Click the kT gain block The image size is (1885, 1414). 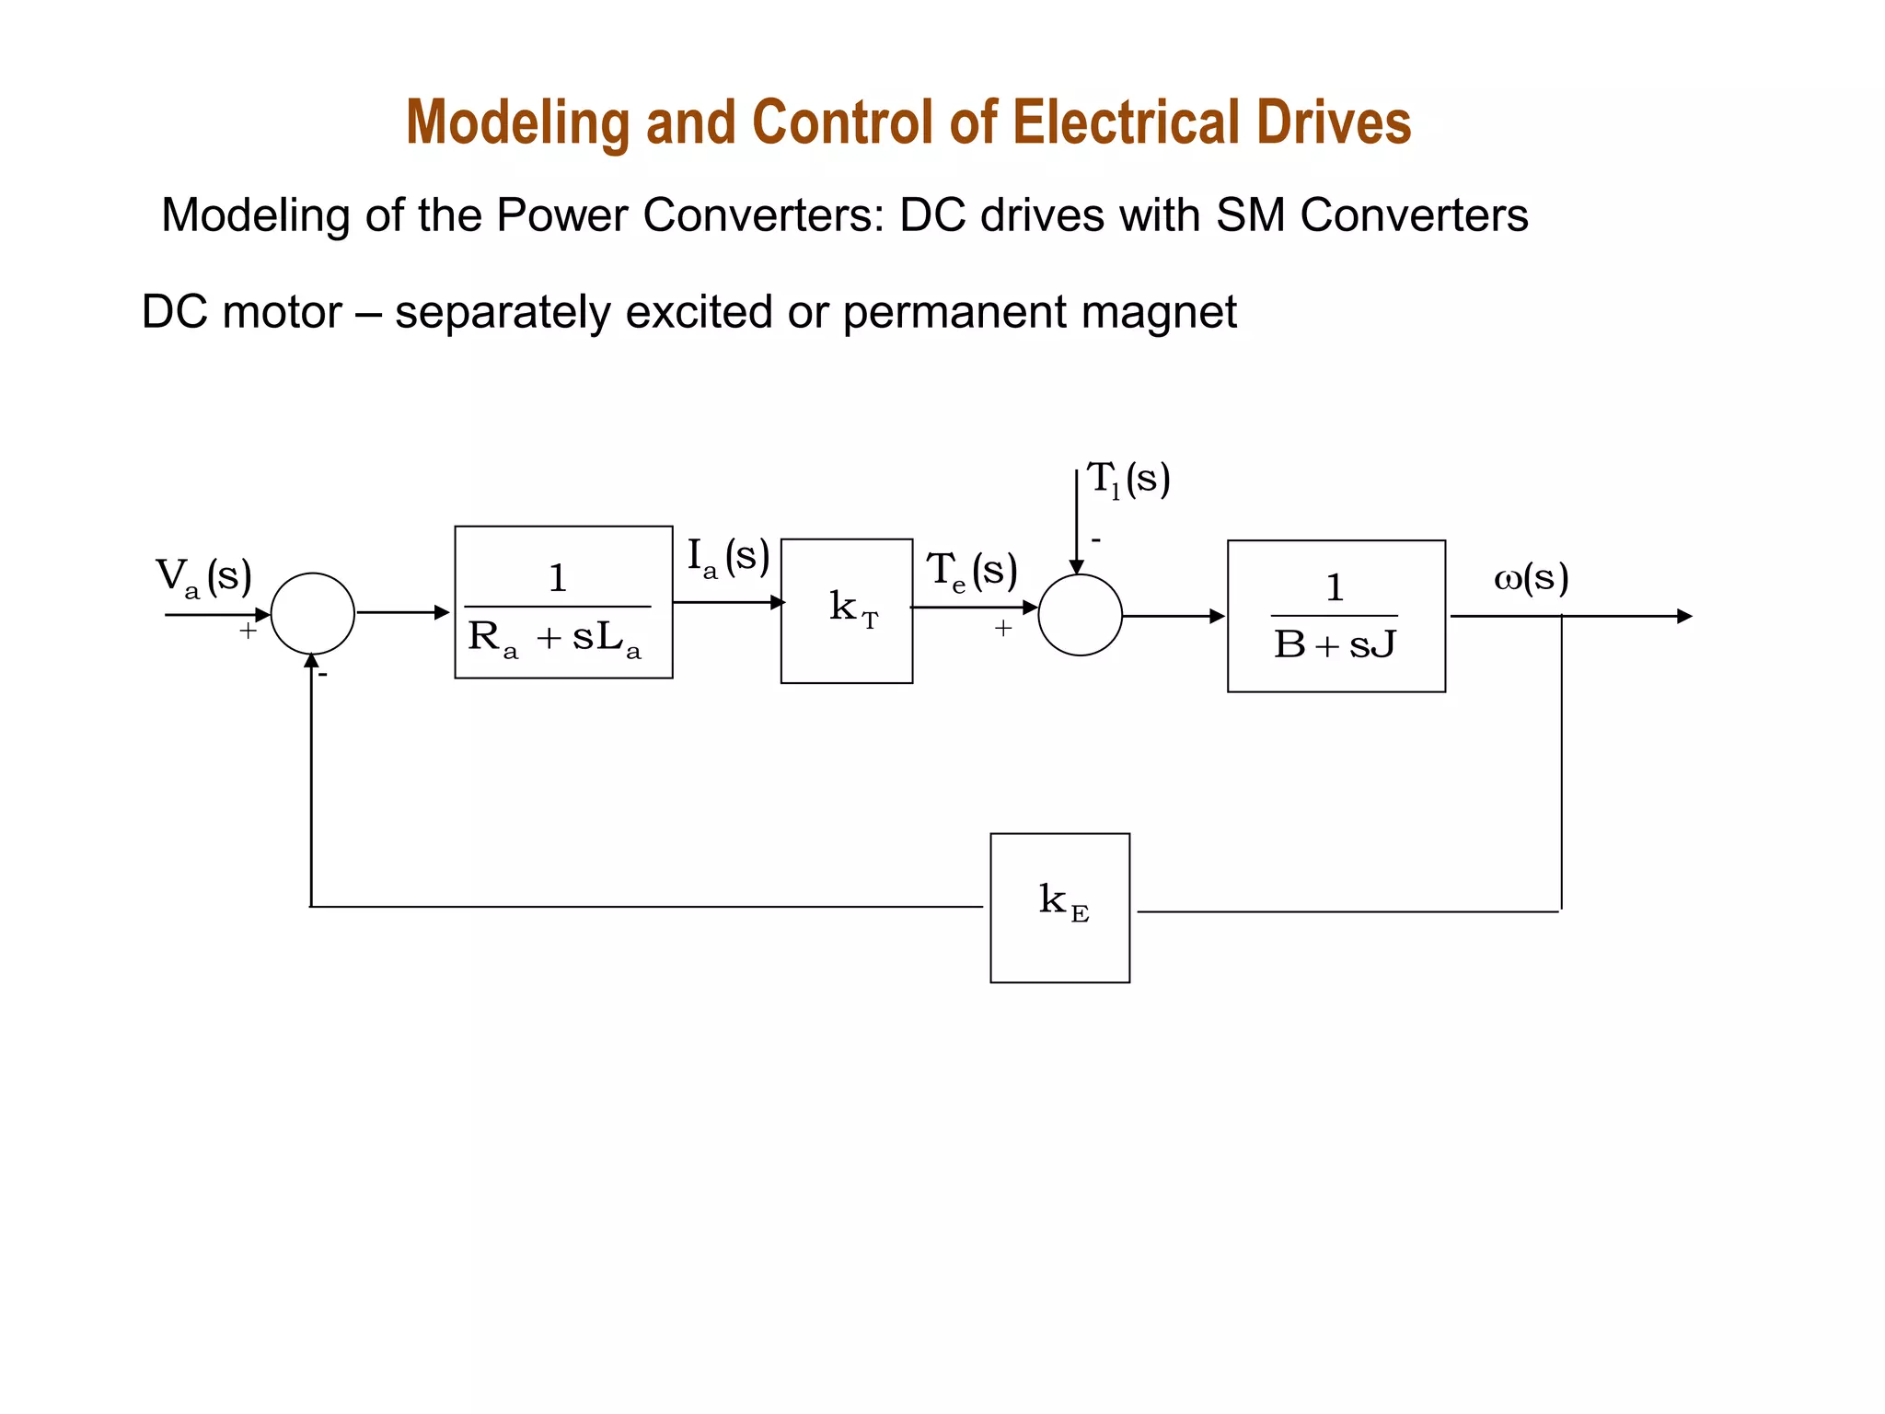click(846, 611)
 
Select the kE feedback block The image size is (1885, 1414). click(1059, 908)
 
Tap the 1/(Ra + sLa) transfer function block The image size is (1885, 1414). click(563, 603)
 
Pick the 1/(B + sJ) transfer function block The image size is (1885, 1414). click(1336, 616)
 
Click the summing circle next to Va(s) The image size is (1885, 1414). click(313, 614)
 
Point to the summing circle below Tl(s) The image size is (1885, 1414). click(1080, 615)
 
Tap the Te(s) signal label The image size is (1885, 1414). click(972, 571)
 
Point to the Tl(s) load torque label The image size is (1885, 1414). click(1128, 481)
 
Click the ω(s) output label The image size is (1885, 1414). click(1531, 578)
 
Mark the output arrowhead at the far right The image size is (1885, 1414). click(1684, 616)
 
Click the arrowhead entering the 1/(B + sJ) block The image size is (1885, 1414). click(1217, 616)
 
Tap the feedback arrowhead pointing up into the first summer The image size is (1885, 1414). click(312, 661)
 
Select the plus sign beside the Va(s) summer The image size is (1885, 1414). click(248, 632)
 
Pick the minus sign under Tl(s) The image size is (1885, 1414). click(1096, 540)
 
